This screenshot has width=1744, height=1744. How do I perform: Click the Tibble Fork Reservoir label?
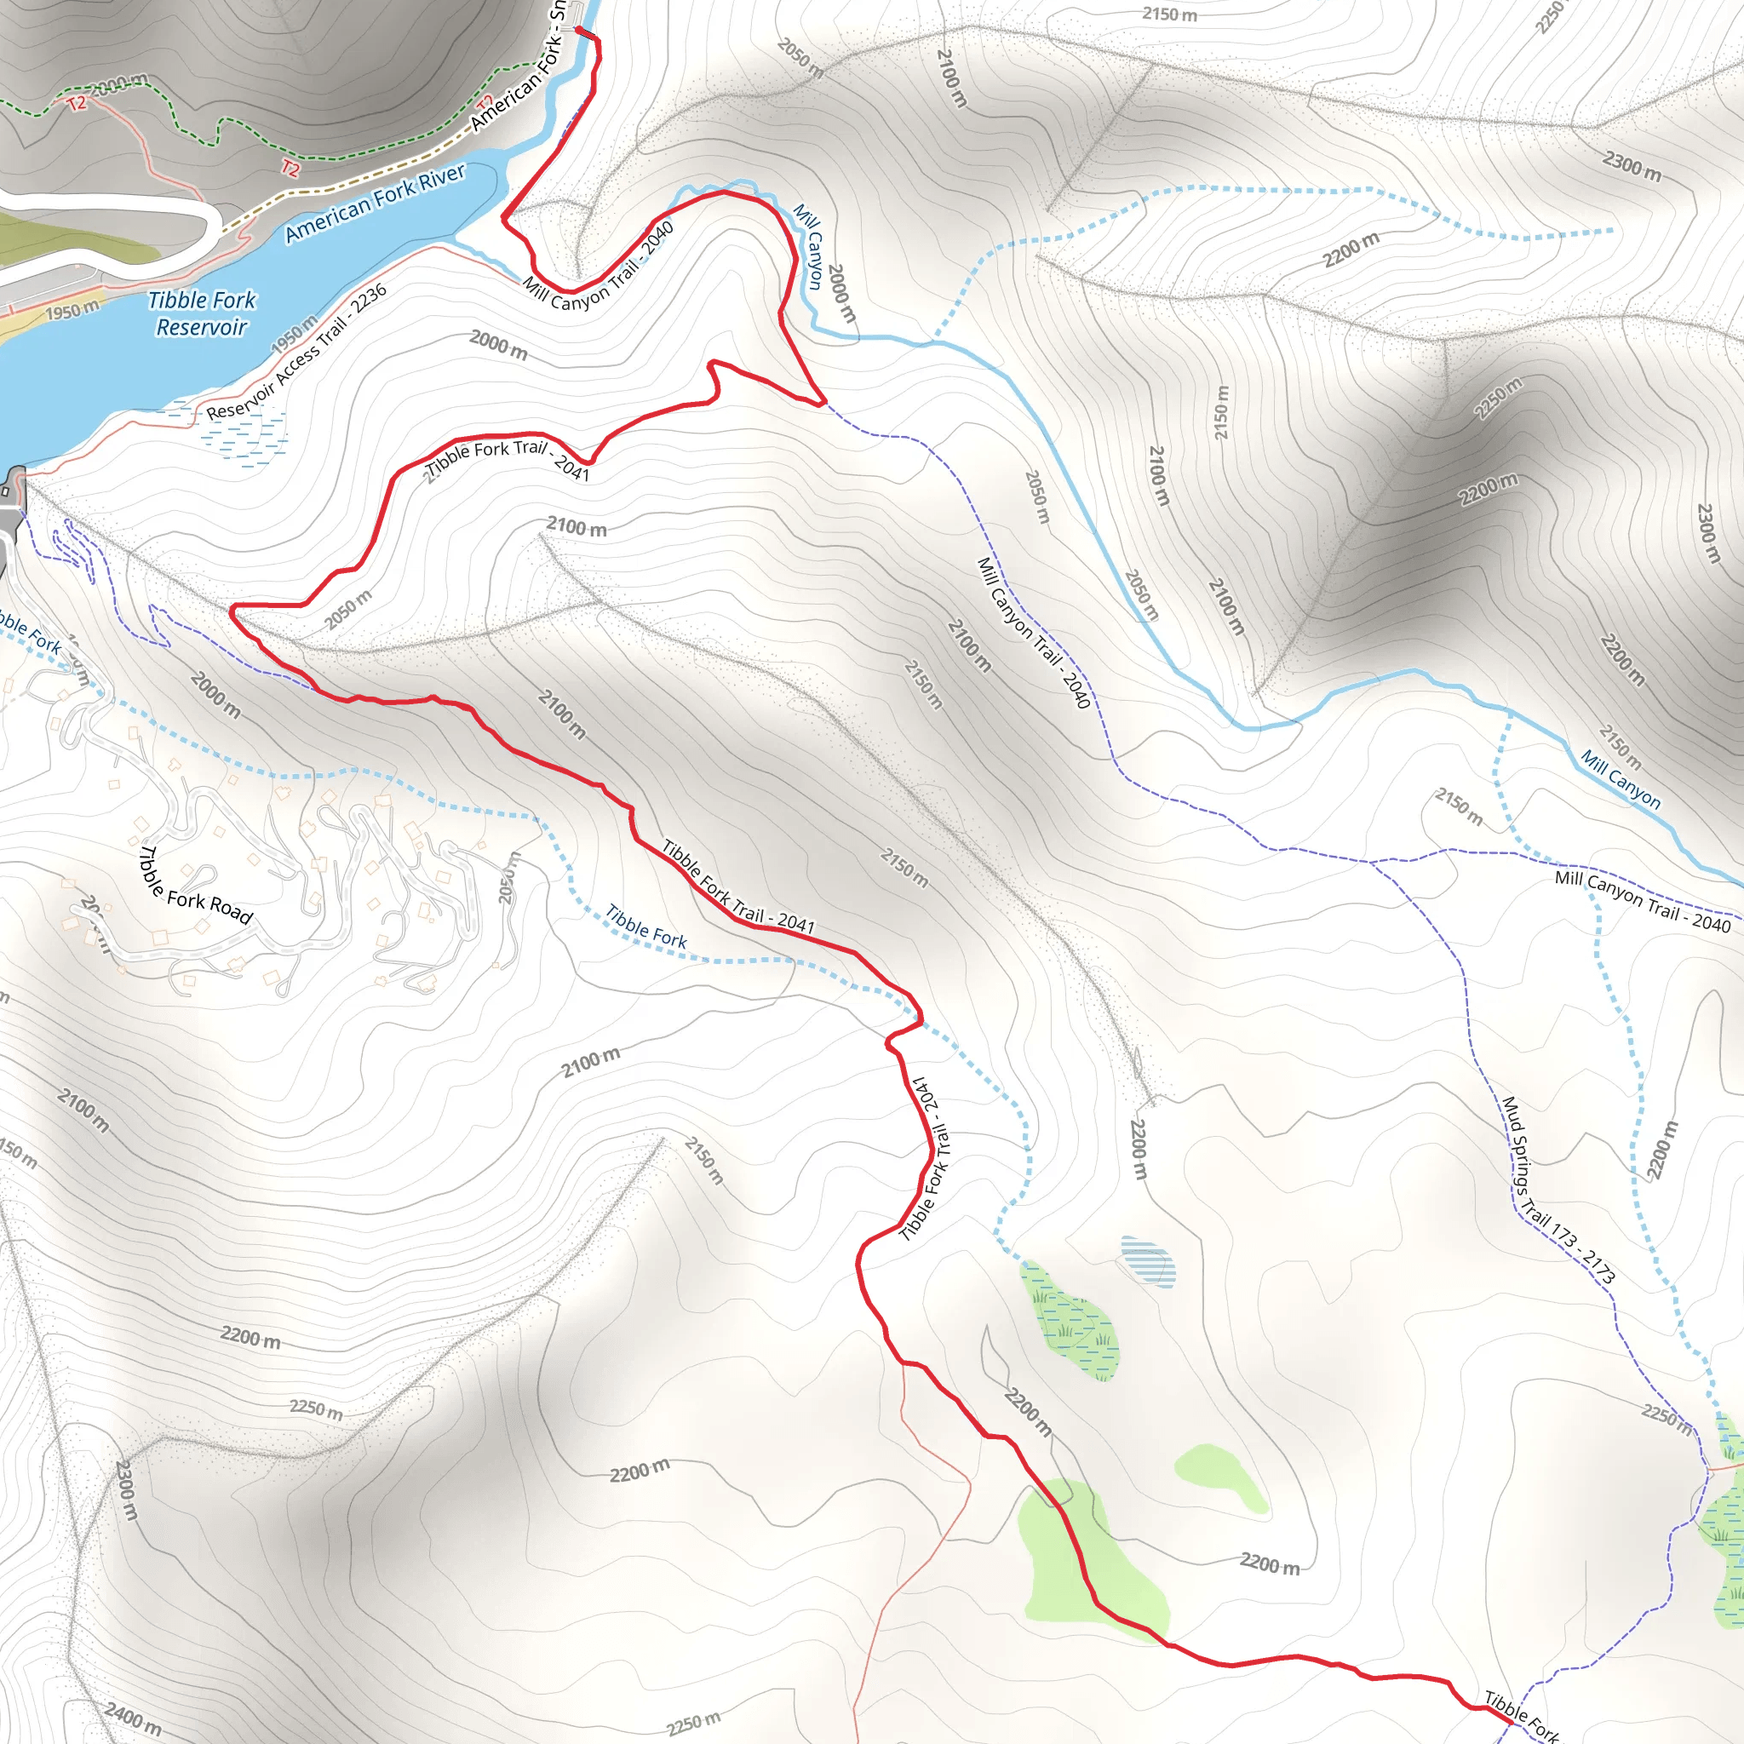pos(201,313)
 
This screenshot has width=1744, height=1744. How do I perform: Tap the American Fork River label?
pos(376,204)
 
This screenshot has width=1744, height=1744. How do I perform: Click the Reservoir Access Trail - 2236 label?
pos(297,352)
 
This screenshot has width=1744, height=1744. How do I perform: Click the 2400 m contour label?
pos(134,1716)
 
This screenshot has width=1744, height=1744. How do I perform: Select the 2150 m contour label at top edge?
pos(1169,14)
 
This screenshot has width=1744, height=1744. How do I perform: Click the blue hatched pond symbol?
pos(1147,1261)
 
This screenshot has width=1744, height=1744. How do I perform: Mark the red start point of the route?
pos(578,30)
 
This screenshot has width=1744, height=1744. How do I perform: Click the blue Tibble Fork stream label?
pos(645,927)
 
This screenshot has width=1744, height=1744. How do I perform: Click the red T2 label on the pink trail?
pos(290,168)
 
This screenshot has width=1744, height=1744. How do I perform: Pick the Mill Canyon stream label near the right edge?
pos(1621,779)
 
